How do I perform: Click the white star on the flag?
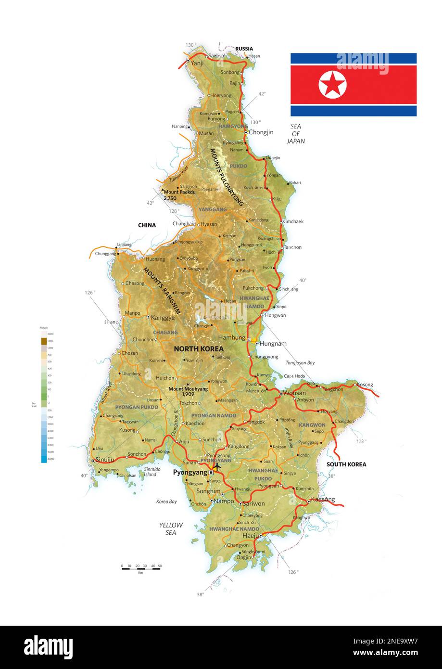[x=332, y=85]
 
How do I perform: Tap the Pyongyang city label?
[x=190, y=473]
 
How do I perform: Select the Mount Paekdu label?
[x=179, y=192]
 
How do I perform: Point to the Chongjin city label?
[x=261, y=132]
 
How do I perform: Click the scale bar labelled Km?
[x=141, y=568]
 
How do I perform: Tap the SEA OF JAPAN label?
[x=296, y=134]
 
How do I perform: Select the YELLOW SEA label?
[x=171, y=529]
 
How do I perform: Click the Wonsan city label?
[x=294, y=393]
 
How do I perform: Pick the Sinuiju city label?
[x=105, y=460]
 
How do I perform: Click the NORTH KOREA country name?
[x=199, y=348]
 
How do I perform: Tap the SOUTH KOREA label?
[x=346, y=464]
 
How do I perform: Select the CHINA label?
[x=147, y=225]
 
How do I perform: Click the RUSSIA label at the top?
[x=244, y=49]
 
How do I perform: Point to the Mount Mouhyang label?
[x=188, y=389]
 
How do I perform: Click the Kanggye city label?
[x=163, y=318]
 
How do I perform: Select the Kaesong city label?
[x=323, y=500]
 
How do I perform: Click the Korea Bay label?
[x=166, y=502]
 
